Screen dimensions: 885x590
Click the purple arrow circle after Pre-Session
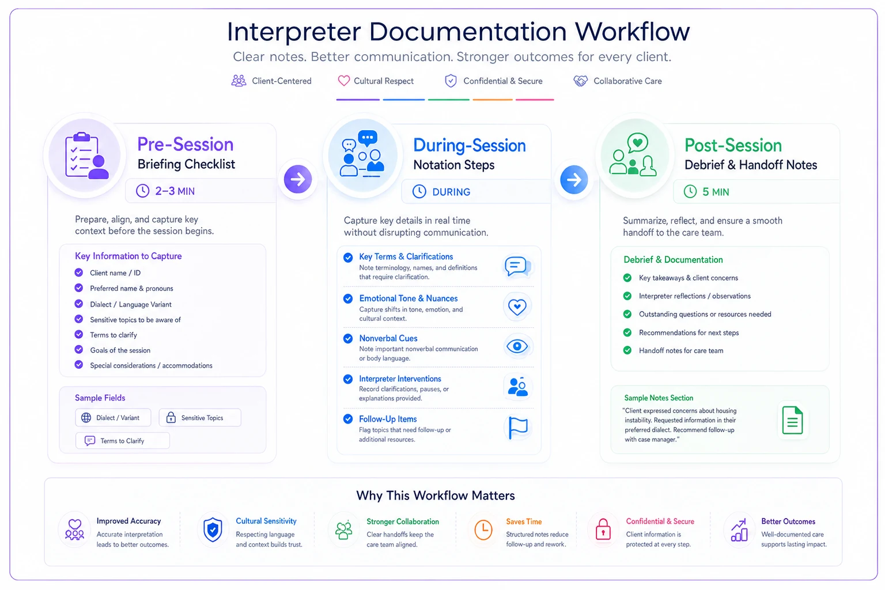coord(297,179)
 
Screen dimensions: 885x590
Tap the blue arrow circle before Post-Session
coord(574,179)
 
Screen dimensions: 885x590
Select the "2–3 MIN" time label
coord(175,191)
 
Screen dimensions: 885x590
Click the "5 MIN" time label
coord(716,192)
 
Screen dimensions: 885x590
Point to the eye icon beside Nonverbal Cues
coord(517,347)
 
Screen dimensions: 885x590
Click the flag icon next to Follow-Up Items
coord(518,428)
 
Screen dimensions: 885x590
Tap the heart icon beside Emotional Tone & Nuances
coord(517,307)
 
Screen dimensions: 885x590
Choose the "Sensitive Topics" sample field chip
coord(200,418)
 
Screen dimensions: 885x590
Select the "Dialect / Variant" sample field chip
coord(113,418)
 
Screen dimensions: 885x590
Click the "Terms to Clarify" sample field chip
coord(123,441)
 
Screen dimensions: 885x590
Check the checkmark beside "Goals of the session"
coord(79,350)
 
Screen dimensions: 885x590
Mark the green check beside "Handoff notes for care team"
coord(627,350)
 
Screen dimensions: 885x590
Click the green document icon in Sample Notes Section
coord(792,420)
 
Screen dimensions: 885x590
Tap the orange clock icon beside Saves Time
coord(483,530)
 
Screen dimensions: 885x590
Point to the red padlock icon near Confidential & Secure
coord(603,529)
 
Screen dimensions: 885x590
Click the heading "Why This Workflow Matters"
coord(436,496)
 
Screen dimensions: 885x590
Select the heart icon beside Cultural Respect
coord(344,81)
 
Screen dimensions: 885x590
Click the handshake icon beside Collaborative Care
coord(580,81)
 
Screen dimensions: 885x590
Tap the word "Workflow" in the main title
coord(632,32)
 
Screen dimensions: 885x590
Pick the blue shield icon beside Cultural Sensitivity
coord(213,530)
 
